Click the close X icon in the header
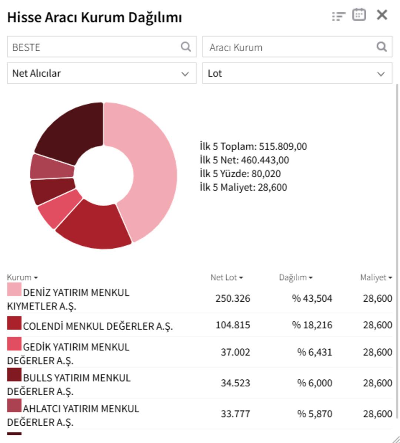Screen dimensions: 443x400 pos(382,15)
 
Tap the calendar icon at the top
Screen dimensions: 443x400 pos(359,15)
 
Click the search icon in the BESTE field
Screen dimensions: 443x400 pos(186,47)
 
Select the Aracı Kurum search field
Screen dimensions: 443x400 pos(289,47)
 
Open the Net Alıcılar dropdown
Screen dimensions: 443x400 pos(101,73)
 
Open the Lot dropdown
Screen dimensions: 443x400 pos(297,73)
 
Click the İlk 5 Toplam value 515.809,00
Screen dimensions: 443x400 pos(283,147)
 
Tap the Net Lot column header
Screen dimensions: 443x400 pos(226,277)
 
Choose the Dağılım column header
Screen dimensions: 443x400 pos(295,277)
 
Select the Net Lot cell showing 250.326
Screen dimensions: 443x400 pos(233,298)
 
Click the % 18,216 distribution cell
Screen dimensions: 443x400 pos(312,325)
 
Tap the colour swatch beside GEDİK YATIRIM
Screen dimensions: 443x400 pos(14,344)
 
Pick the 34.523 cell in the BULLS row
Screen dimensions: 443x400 pos(235,383)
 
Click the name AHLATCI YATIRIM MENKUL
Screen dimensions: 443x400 pos(81,409)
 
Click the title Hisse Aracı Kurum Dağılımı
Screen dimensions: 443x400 pos(94,17)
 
